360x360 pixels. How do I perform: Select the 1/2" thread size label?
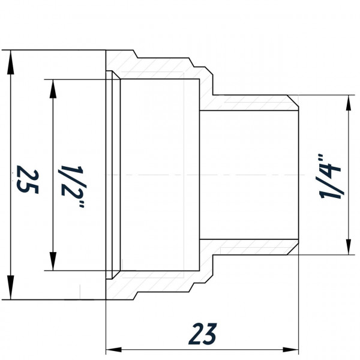click(x=71, y=179)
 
